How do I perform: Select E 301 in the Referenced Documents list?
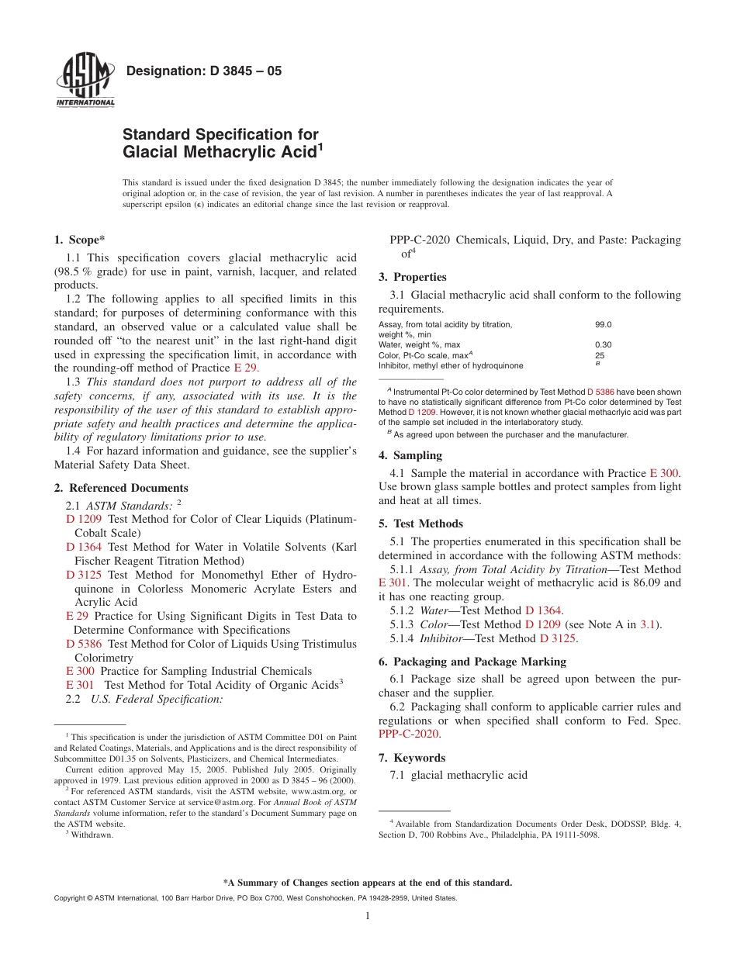(x=81, y=685)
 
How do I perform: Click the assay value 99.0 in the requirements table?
(x=603, y=325)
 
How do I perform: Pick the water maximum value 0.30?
(x=603, y=344)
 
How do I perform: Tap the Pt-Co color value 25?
(x=600, y=355)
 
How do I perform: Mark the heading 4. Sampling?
(x=410, y=455)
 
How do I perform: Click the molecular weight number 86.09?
(x=640, y=582)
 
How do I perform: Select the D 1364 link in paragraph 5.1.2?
(x=543, y=610)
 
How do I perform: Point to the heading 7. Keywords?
(x=411, y=757)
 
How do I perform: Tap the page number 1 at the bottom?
(x=368, y=916)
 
